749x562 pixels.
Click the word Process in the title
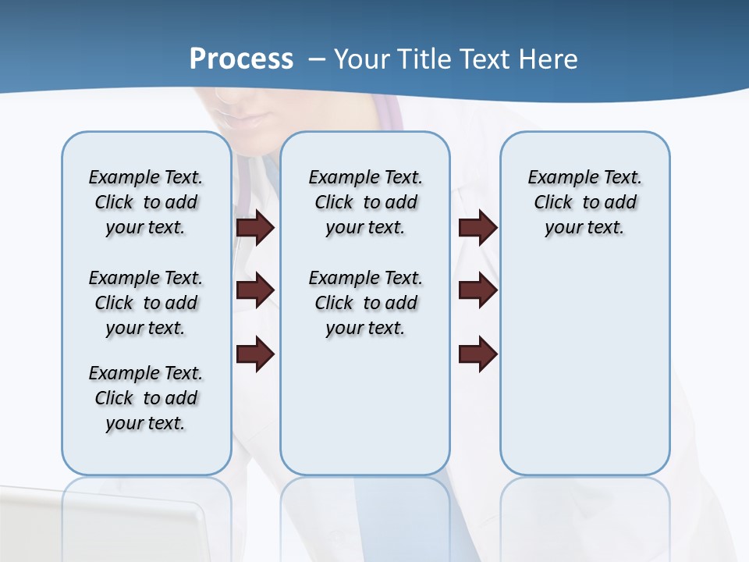click(x=241, y=59)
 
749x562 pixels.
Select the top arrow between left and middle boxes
click(x=255, y=227)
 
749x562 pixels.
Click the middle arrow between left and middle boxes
click(x=255, y=290)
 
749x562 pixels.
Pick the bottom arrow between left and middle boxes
click(x=255, y=354)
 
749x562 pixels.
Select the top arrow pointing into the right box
click(x=477, y=227)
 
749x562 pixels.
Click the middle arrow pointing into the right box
click(x=477, y=290)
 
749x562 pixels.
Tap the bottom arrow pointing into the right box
click(x=477, y=354)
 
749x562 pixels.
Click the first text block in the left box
click(x=146, y=202)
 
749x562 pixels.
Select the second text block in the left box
click(x=146, y=303)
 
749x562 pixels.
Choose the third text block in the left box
click(x=146, y=398)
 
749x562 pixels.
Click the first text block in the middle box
click(x=365, y=202)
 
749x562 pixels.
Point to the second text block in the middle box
click(x=365, y=303)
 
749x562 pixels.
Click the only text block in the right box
click(x=584, y=202)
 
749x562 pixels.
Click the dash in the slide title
click(x=317, y=59)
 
